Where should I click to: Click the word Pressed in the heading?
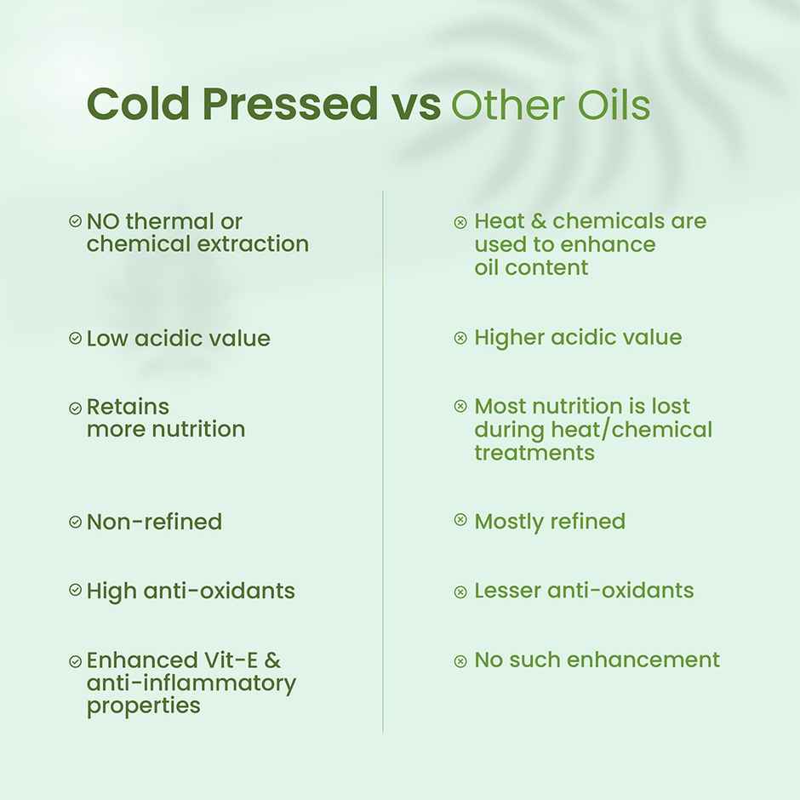click(x=289, y=105)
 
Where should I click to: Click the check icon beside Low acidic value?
click(x=75, y=338)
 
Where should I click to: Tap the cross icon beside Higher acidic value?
click(x=460, y=338)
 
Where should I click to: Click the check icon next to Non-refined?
click(x=75, y=522)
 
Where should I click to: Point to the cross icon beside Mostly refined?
click(x=460, y=520)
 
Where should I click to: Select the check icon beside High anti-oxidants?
click(x=75, y=590)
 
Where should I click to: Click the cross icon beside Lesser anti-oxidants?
click(x=460, y=591)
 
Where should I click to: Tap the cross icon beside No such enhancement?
click(x=460, y=660)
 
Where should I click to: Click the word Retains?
click(x=128, y=406)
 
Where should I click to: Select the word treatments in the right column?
click(x=534, y=453)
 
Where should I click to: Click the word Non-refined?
click(x=154, y=522)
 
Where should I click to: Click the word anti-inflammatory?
click(x=191, y=683)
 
